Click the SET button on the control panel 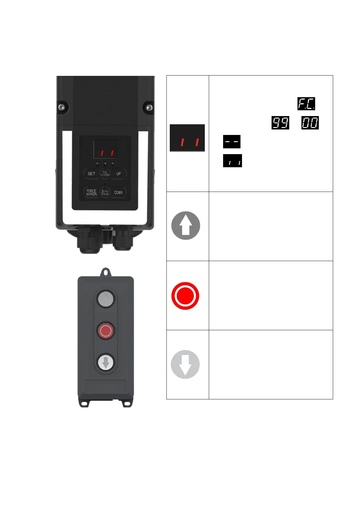[x=91, y=174]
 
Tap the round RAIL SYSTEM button [x=105, y=174]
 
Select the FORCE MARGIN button [x=91, y=193]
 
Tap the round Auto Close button [x=105, y=193]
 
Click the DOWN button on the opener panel [x=119, y=193]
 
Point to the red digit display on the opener [x=105, y=150]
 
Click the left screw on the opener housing [x=62, y=107]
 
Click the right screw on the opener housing [x=148, y=107]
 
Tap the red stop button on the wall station [x=106, y=331]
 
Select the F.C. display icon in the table [x=306, y=104]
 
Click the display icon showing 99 [x=280, y=123]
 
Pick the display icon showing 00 [x=310, y=123]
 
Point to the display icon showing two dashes [x=232, y=142]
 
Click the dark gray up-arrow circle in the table [x=186, y=226]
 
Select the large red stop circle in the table [x=185, y=296]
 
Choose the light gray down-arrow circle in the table [x=185, y=364]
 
